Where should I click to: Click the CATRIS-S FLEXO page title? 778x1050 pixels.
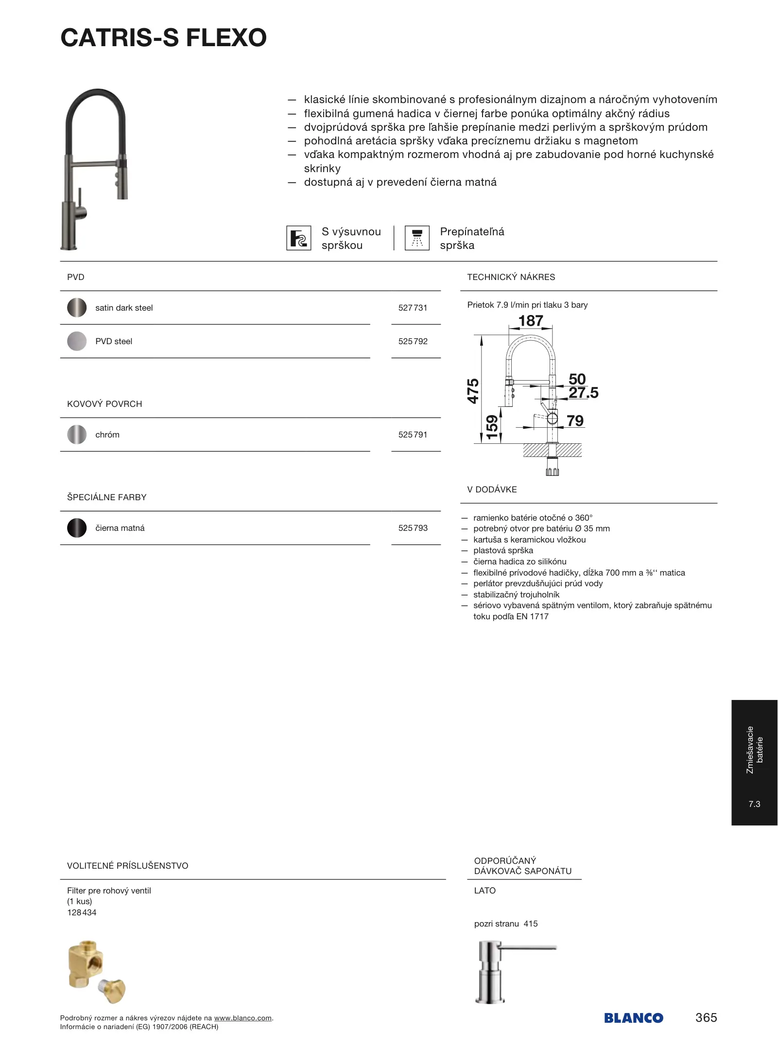point(163,38)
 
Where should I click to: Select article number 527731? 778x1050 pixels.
point(413,308)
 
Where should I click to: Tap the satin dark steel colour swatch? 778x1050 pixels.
point(77,308)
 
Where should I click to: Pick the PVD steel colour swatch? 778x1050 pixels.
point(77,341)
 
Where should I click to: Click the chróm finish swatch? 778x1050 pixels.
point(77,435)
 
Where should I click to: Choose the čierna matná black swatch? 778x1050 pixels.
point(77,528)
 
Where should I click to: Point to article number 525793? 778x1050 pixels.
point(413,528)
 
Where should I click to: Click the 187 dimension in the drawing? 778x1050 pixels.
point(530,321)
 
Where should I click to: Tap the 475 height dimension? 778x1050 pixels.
point(473,391)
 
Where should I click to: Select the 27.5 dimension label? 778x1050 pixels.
point(583,393)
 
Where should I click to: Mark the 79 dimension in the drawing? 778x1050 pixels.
point(575,421)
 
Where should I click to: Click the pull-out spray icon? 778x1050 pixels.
point(298,238)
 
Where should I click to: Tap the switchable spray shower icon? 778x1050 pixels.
point(417,238)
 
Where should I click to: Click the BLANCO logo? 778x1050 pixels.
point(633,1017)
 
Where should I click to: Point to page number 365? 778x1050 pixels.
point(706,1017)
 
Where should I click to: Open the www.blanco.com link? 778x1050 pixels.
point(242,1018)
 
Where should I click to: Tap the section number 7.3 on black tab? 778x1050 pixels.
point(754,804)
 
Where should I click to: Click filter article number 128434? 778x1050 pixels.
point(82,912)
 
